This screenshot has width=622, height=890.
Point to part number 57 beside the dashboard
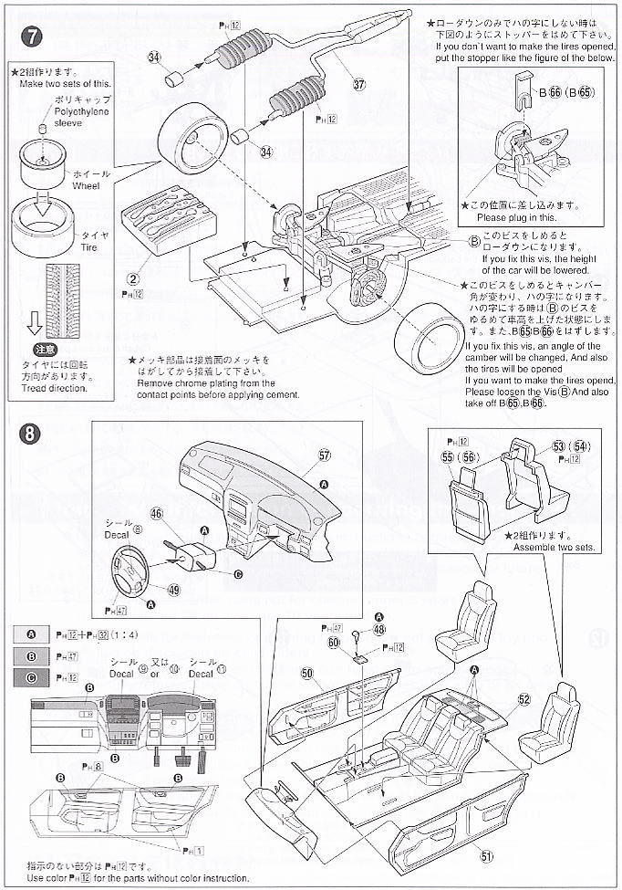325,455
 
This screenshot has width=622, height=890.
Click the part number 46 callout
157,515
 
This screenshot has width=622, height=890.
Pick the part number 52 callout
524,699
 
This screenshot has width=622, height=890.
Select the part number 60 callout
334,643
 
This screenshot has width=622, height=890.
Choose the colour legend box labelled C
32,677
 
